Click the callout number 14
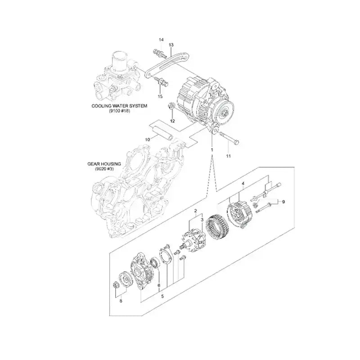click(x=162, y=40)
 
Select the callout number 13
click(x=171, y=45)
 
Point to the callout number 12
click(x=172, y=121)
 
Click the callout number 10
click(x=147, y=140)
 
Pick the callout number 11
click(x=228, y=156)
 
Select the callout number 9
click(x=283, y=202)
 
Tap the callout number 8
click(x=120, y=301)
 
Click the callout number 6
click(x=159, y=285)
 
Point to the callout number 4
click(x=243, y=184)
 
